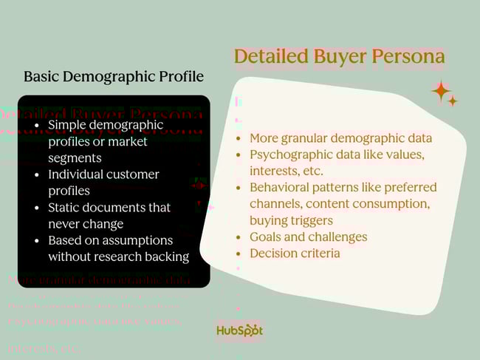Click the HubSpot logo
239,330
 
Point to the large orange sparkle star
441,91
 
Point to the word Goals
267,237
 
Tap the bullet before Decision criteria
239,253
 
